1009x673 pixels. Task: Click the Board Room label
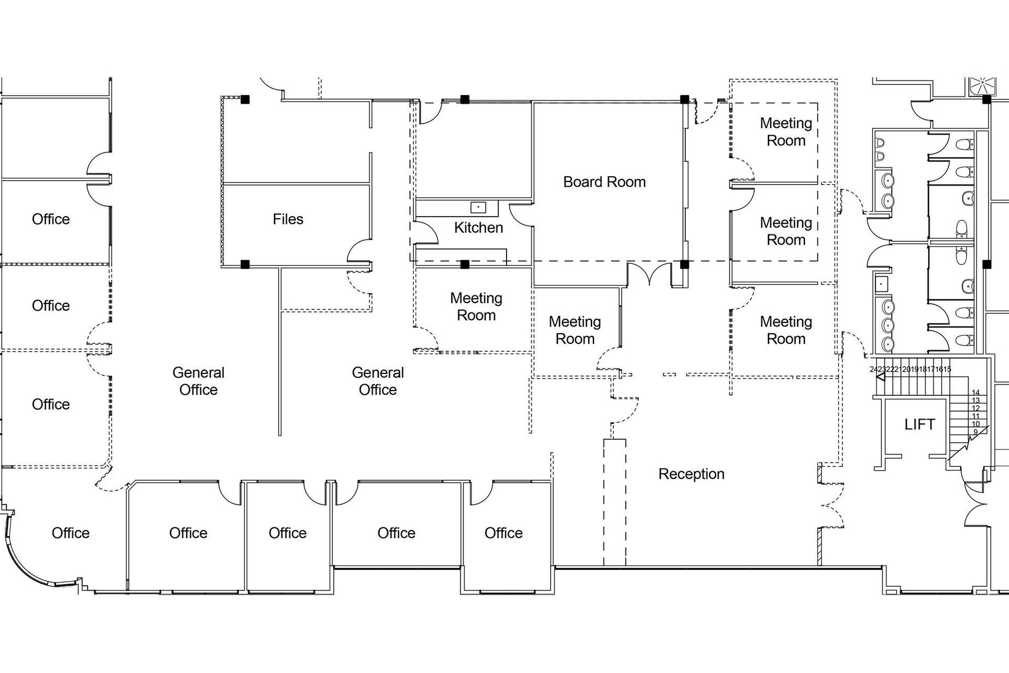[604, 182]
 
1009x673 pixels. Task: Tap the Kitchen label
[478, 228]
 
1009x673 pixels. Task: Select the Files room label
[287, 219]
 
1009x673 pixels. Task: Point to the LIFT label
[919, 424]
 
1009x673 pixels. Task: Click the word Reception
[691, 474]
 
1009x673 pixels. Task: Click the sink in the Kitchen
[478, 207]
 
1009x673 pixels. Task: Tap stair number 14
[975, 393]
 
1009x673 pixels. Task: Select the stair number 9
[975, 432]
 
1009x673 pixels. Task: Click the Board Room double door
[650, 274]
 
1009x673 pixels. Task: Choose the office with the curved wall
[70, 533]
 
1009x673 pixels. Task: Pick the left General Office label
[198, 381]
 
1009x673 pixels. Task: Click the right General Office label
[377, 381]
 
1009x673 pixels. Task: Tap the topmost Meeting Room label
[786, 132]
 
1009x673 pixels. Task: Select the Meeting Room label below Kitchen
[476, 307]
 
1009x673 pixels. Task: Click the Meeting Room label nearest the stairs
[786, 330]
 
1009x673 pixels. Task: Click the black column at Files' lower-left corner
[245, 264]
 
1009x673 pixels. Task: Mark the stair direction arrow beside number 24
[881, 377]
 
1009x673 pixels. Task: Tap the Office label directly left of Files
[50, 219]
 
